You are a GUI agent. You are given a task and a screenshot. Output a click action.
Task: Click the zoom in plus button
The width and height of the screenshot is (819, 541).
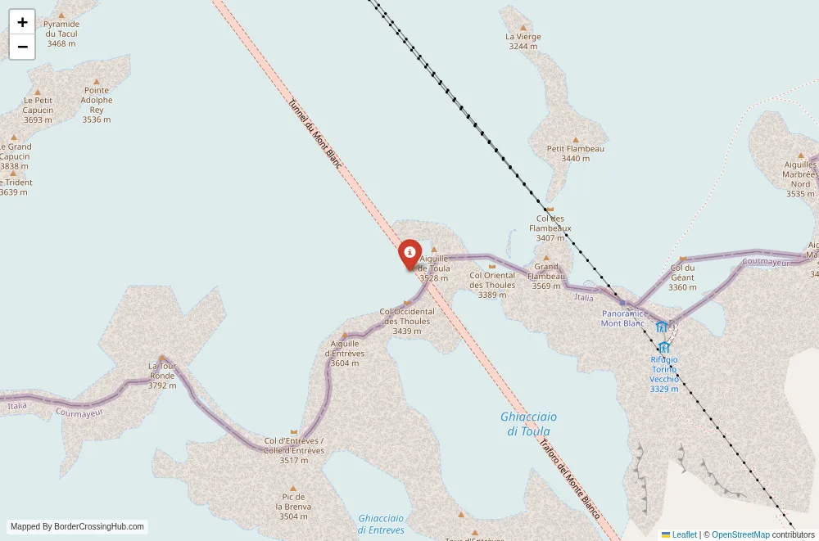(22, 22)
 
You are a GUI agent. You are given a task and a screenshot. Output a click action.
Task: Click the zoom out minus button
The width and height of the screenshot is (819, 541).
(22, 47)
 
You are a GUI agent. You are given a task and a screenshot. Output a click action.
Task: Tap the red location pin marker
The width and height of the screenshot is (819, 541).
(409, 254)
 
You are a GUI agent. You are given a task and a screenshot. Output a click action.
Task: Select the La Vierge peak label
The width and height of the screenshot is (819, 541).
(523, 42)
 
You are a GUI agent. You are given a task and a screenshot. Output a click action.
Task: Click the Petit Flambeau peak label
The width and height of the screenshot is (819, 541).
(575, 153)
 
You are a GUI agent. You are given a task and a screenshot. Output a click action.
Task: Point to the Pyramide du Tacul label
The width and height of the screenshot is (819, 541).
(61, 34)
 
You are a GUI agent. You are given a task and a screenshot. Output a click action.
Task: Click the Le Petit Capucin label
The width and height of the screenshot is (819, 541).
(38, 110)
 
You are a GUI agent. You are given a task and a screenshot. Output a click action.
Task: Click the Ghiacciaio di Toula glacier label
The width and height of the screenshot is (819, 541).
(528, 424)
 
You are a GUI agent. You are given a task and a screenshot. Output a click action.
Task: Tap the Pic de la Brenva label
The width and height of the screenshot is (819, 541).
(293, 506)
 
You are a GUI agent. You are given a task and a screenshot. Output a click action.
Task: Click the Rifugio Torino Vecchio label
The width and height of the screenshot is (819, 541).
(664, 374)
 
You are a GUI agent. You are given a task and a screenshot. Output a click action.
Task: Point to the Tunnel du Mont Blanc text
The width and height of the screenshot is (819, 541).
(314, 134)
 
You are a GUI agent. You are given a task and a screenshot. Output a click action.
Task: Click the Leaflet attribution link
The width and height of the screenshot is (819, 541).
(684, 534)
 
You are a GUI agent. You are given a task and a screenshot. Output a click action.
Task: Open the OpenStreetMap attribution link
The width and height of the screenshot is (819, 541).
(740, 534)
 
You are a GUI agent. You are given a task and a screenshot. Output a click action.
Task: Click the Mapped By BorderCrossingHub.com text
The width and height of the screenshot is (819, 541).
(77, 527)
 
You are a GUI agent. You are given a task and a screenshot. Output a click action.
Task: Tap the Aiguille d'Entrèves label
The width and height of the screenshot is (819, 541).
(345, 353)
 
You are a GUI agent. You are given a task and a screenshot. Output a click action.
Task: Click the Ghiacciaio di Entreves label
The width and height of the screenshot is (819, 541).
(381, 524)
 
